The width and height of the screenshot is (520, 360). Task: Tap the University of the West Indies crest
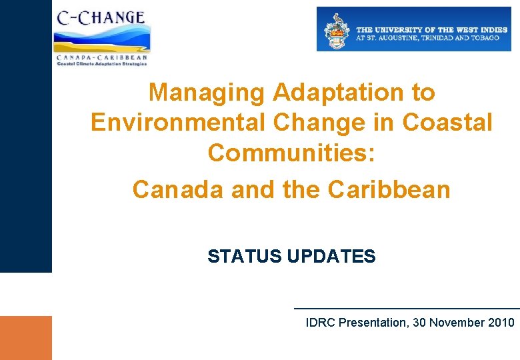[337, 31]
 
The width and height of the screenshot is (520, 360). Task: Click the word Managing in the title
[207, 92]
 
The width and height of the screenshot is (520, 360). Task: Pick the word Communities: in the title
[291, 153]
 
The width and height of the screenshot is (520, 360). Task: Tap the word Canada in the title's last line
[178, 189]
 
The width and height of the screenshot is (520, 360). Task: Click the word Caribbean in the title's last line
[389, 189]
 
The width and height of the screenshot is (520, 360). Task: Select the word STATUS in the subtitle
[245, 256]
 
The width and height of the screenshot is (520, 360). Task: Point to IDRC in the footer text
[320, 323]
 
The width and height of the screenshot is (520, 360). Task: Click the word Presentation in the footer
[372, 323]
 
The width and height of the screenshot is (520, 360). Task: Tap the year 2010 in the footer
[501, 323]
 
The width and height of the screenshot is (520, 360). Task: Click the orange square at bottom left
[25, 337]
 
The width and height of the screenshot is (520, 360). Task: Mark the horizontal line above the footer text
[407, 309]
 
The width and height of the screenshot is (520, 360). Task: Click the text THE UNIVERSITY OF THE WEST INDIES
[432, 30]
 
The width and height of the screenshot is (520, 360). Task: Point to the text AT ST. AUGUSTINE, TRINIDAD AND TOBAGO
[427, 38]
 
